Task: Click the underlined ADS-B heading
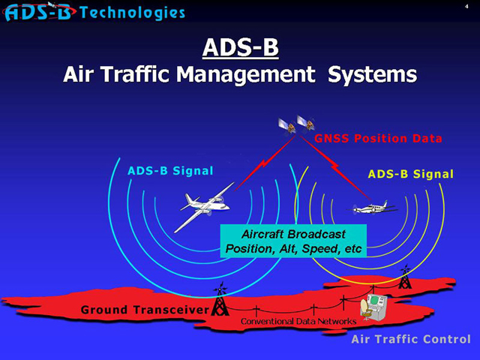[x=240, y=47]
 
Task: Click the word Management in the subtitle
[x=246, y=75]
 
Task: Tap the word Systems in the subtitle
[x=372, y=75]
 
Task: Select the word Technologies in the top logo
[x=133, y=13]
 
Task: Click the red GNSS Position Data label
[x=378, y=138]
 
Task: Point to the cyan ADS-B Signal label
[x=170, y=171]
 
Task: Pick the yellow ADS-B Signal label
[x=410, y=174]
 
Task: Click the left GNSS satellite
[x=287, y=126]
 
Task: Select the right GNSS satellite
[x=305, y=123]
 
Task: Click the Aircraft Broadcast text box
[x=293, y=241]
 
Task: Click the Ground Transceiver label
[x=145, y=310]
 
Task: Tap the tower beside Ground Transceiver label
[x=220, y=299]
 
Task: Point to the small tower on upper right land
[x=405, y=277]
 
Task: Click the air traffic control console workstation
[x=373, y=307]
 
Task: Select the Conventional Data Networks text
[x=298, y=321]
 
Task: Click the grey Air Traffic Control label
[x=411, y=339]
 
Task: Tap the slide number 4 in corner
[x=466, y=6]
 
